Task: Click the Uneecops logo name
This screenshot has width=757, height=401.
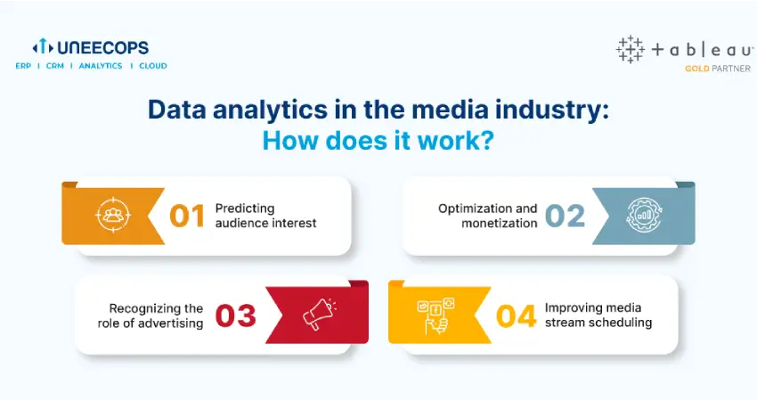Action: coord(102,47)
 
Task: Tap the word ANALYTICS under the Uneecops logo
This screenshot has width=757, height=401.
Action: coord(101,66)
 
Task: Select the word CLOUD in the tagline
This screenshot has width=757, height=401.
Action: coord(153,66)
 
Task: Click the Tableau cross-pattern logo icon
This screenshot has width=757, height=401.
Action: coord(630,49)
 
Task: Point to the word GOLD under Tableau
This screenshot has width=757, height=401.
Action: coord(696,69)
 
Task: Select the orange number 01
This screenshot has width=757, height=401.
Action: coord(187,216)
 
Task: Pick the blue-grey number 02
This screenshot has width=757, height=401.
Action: coord(565,216)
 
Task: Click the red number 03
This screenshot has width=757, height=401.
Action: coord(236,316)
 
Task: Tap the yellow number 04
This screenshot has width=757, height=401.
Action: coord(516,316)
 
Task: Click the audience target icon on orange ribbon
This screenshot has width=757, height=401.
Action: coord(113,215)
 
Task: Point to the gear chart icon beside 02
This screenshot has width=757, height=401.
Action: coord(645,215)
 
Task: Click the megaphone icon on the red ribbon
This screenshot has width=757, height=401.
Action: coord(319,314)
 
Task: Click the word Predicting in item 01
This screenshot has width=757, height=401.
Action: coord(245,209)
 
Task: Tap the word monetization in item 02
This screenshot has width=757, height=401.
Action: coord(500,223)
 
